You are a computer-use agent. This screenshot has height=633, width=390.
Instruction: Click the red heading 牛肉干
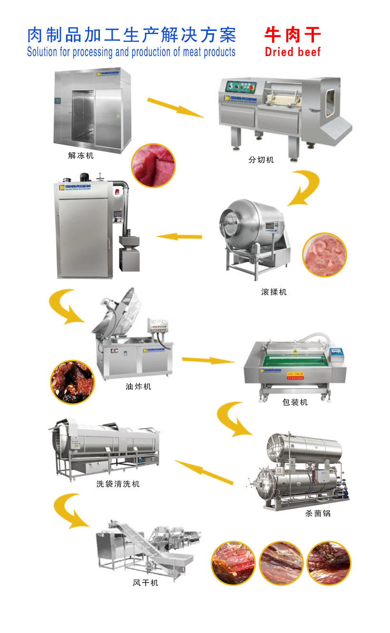point(292,35)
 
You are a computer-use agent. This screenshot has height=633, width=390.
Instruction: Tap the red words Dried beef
point(292,51)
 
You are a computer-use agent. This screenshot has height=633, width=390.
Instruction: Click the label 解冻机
point(81,155)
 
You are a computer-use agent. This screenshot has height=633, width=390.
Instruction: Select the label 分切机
point(261,160)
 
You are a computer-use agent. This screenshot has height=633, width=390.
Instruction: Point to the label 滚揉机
point(274,292)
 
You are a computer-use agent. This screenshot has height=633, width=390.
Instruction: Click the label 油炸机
point(138,386)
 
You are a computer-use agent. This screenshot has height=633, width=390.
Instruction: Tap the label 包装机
point(295,402)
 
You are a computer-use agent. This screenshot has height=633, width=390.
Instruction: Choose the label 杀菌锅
point(318,513)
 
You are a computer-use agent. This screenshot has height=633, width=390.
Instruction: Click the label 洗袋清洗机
point(118,484)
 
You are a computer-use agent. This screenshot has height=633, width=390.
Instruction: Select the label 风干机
point(146,583)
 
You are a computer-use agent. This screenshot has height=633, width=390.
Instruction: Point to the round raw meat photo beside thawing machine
point(153,165)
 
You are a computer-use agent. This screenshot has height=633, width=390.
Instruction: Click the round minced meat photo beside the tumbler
point(325,255)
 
